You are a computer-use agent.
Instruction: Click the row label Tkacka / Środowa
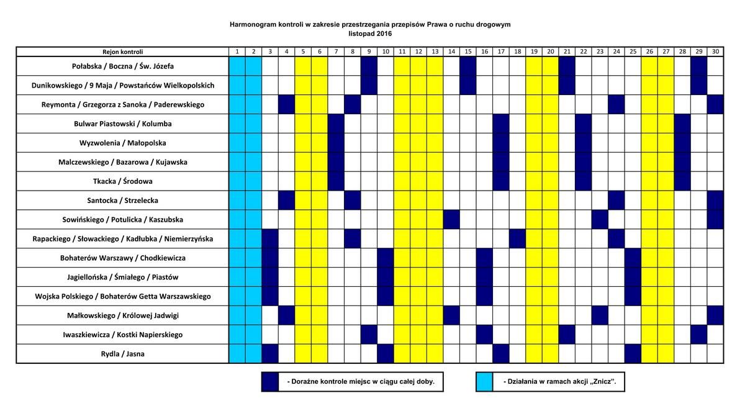pos(123,181)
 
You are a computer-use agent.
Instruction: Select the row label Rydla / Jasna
pos(123,354)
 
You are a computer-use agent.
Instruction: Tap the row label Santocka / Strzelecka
pos(123,201)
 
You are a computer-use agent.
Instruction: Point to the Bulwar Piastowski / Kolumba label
pos(123,124)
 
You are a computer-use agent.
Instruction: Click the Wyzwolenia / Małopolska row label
pos(123,143)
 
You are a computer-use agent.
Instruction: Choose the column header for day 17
pos(501,52)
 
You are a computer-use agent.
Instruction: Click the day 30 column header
pos(715,52)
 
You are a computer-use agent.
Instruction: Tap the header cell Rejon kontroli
pos(123,52)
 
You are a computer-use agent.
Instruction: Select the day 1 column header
pos(237,52)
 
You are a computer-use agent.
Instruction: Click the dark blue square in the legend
pos(270,382)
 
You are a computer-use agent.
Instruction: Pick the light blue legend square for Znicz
pos(485,382)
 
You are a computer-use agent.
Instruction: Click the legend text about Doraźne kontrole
pos(361,382)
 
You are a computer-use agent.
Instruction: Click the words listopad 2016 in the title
pos(370,34)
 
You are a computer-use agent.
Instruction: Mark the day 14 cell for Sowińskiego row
pos(451,219)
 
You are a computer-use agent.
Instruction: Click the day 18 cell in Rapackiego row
pos(518,239)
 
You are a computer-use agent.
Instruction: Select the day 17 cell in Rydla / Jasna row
pos(501,354)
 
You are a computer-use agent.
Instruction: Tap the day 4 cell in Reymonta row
pos(286,104)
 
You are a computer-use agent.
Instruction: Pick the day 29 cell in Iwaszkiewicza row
pos(699,335)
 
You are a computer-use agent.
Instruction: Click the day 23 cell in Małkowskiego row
pos(600,315)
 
